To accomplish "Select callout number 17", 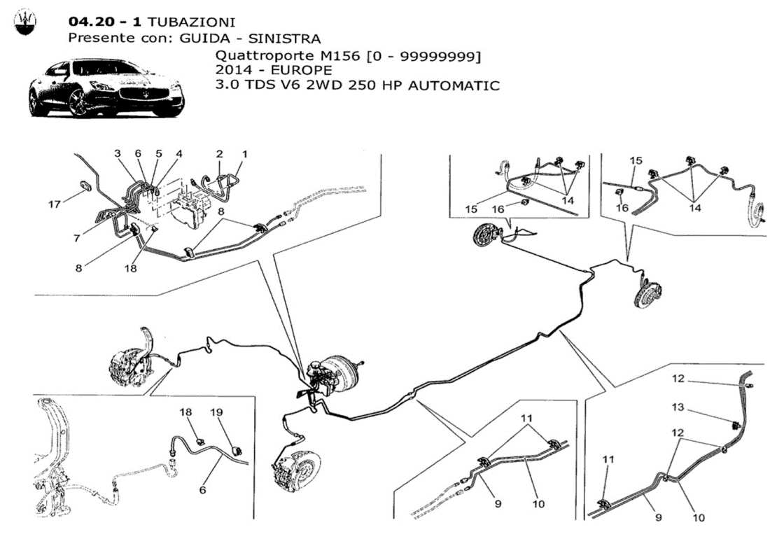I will (55, 204).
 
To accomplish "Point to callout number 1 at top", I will (245, 153).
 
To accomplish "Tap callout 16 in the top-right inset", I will (622, 207).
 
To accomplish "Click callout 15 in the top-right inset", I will (635, 160).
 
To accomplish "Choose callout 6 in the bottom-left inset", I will (202, 491).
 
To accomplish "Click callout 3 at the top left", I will (118, 153).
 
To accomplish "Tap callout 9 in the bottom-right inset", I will (658, 517).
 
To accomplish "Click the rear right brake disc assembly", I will (647, 295).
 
